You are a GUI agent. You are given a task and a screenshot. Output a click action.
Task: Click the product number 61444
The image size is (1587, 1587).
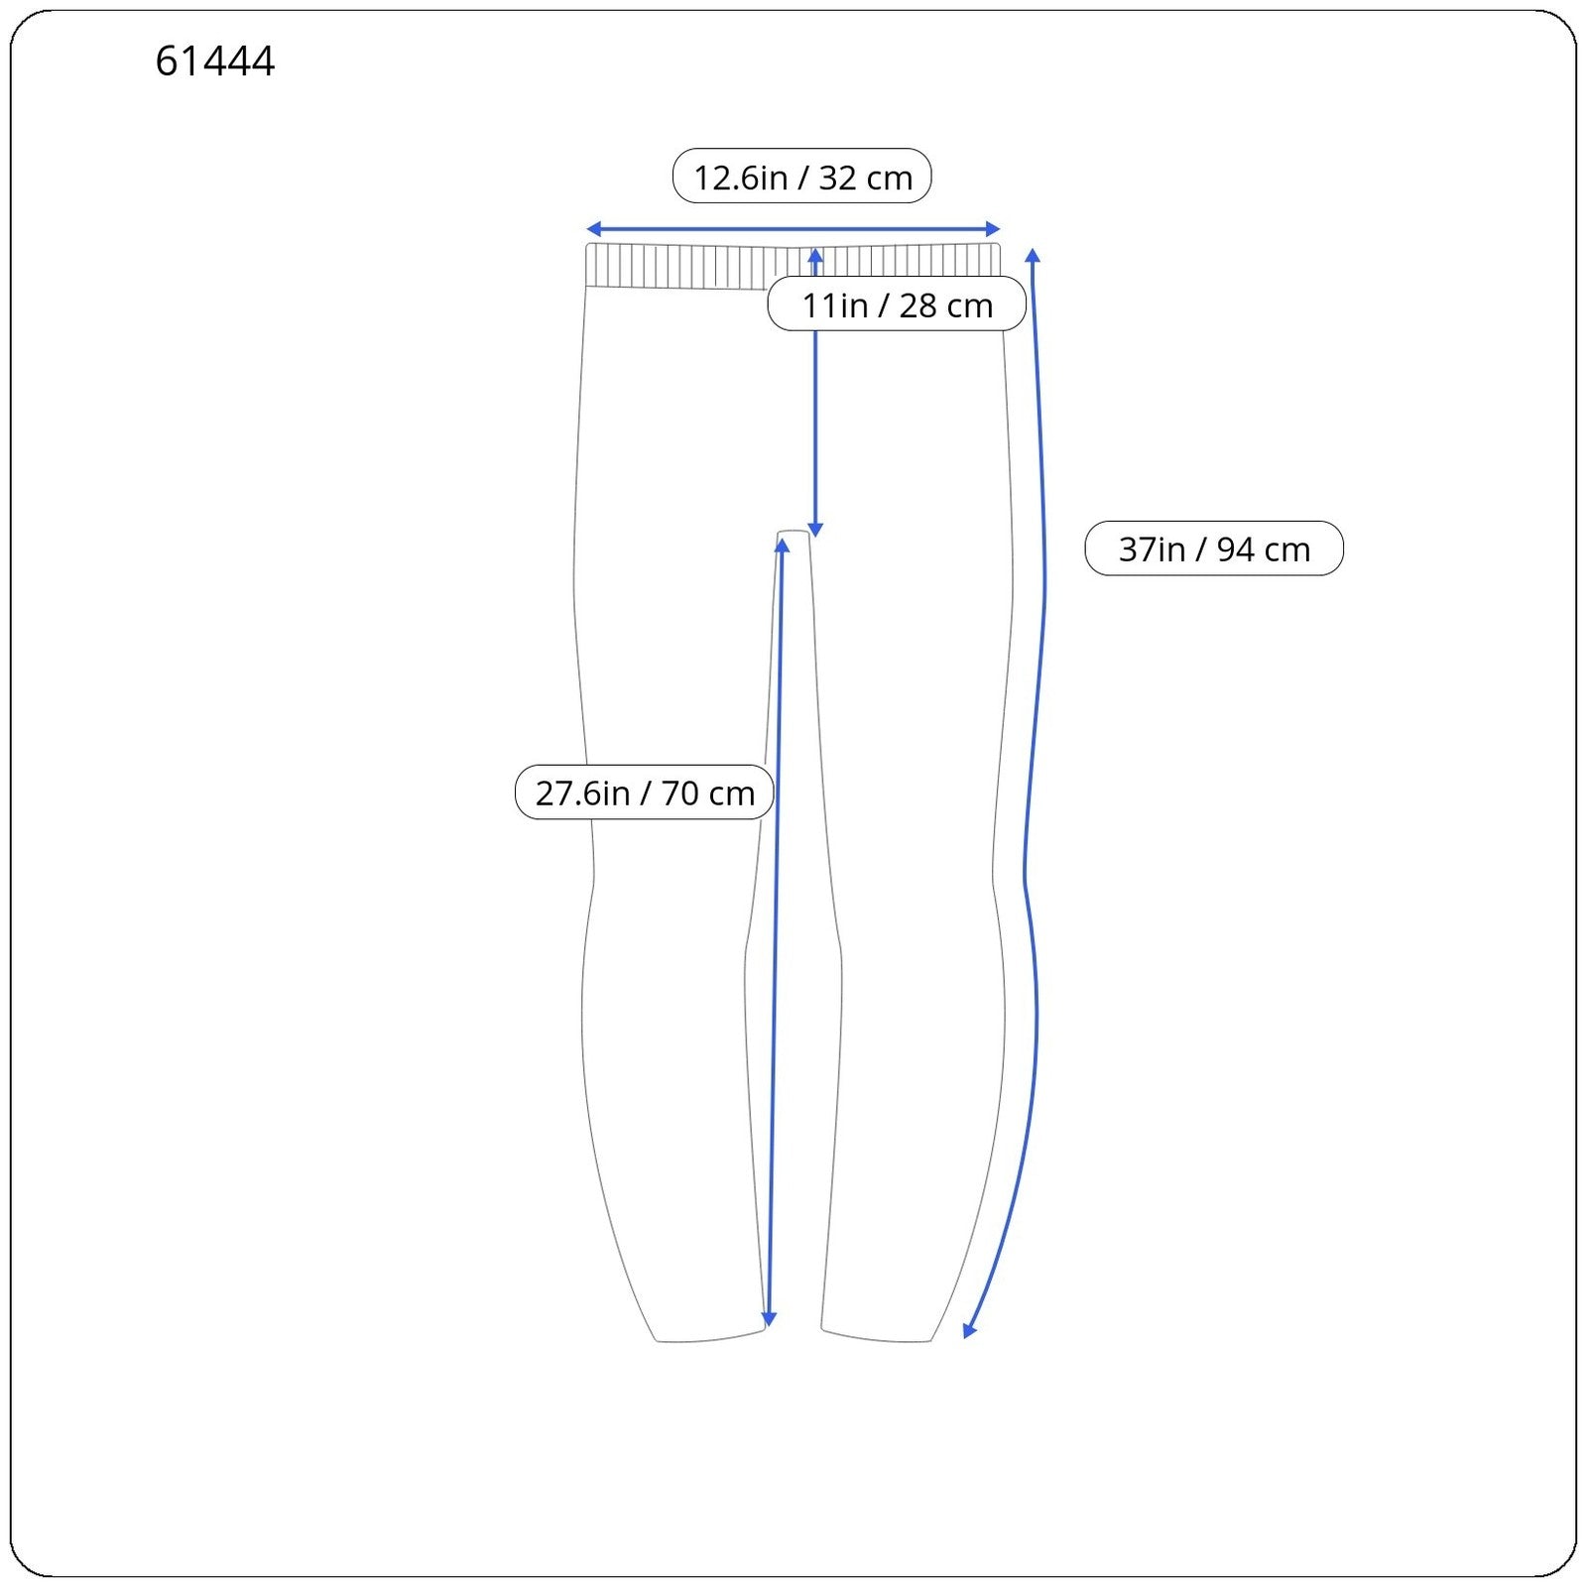point(215,61)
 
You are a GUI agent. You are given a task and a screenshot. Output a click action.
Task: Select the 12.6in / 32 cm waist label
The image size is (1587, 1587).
point(802,177)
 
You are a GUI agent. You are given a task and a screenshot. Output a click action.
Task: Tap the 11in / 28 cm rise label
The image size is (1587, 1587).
point(897,304)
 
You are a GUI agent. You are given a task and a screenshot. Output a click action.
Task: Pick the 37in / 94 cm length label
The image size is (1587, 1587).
point(1214,549)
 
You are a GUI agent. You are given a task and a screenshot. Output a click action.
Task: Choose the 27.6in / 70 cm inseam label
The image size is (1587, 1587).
point(645,793)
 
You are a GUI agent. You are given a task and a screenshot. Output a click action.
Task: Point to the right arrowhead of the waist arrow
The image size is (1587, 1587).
point(993,230)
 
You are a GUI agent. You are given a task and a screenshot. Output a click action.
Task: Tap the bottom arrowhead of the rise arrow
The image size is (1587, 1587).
point(815,530)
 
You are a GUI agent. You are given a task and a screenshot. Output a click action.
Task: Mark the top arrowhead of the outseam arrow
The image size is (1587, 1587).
point(1033,256)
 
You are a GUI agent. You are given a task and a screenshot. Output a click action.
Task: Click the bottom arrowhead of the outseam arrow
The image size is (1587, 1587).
point(969,1331)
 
